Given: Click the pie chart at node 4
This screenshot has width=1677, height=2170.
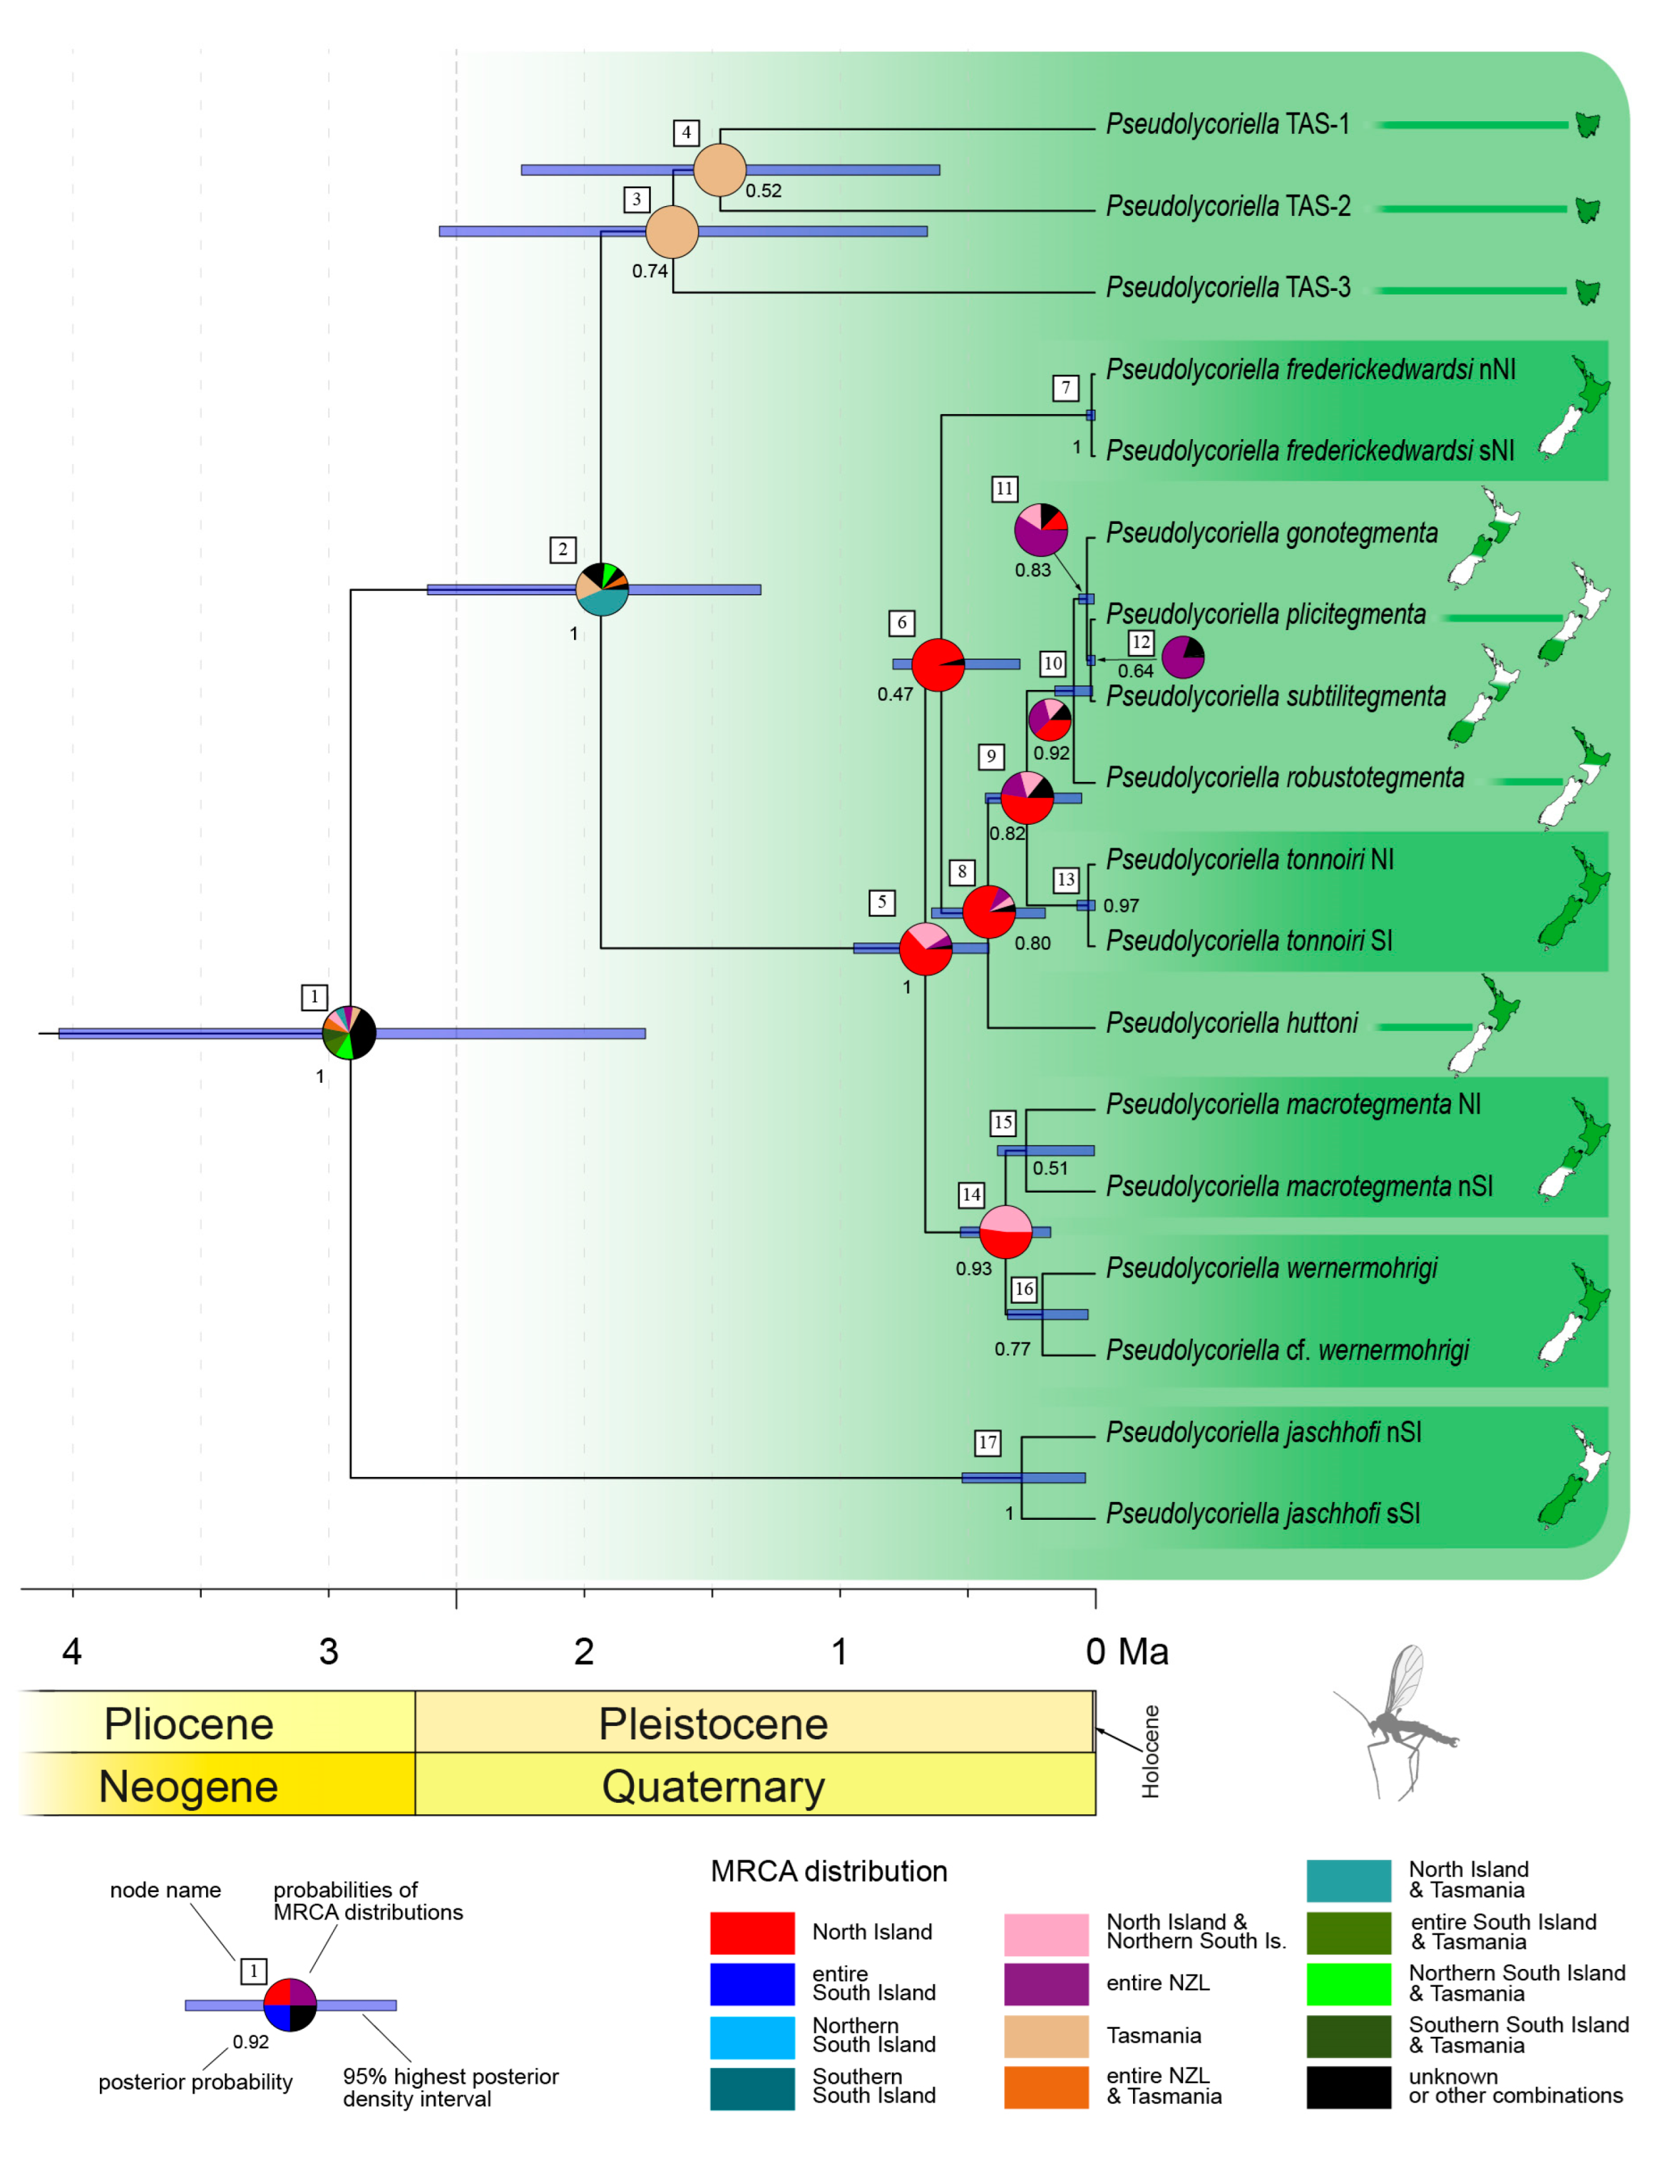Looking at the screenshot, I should (x=719, y=170).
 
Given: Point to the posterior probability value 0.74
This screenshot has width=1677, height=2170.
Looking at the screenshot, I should (x=650, y=271).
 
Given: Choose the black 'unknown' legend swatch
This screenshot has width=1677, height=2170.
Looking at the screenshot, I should (x=1348, y=2087).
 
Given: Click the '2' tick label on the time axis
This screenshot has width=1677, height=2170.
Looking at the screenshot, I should (x=583, y=1651).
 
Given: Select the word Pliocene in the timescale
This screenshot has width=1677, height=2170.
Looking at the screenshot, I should (x=189, y=1724).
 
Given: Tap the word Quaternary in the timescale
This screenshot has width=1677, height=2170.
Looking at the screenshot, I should (x=713, y=1786).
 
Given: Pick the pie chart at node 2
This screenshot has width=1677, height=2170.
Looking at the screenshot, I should (x=602, y=590).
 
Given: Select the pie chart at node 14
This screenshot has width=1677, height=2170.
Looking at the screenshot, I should (x=1005, y=1232).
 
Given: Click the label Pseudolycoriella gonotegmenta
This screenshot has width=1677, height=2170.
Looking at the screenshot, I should (x=1272, y=533).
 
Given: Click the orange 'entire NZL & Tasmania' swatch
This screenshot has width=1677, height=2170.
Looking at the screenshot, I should (x=1046, y=2087).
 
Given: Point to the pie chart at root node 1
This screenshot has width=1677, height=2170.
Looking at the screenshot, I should (x=349, y=1034).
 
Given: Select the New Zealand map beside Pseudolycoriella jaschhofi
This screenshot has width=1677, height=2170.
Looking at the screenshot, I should (x=1573, y=1476).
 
